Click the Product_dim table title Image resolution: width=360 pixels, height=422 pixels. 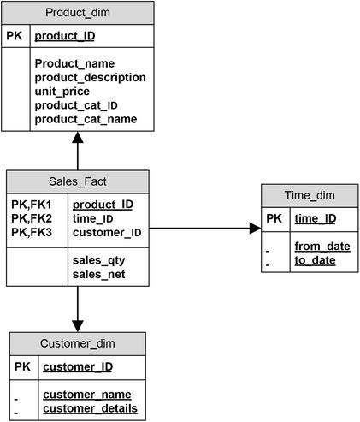(x=78, y=12)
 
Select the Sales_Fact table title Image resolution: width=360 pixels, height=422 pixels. (x=78, y=181)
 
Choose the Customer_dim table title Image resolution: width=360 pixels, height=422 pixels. (x=77, y=344)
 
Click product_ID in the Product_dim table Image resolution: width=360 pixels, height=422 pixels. (x=64, y=36)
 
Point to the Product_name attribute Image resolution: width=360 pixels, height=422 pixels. (x=75, y=63)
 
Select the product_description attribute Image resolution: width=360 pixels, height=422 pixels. (x=90, y=77)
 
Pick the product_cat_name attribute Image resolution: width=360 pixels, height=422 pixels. (x=86, y=119)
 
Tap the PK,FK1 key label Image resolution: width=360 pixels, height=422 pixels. (x=32, y=205)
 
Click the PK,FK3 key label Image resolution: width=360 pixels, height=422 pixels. (x=32, y=232)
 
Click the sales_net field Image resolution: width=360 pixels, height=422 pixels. (x=98, y=273)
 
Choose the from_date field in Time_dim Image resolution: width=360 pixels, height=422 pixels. (x=322, y=247)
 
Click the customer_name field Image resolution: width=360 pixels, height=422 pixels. (x=87, y=395)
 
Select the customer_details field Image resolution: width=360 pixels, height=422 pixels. (x=91, y=408)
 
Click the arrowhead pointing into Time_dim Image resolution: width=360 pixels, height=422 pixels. (x=255, y=229)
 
